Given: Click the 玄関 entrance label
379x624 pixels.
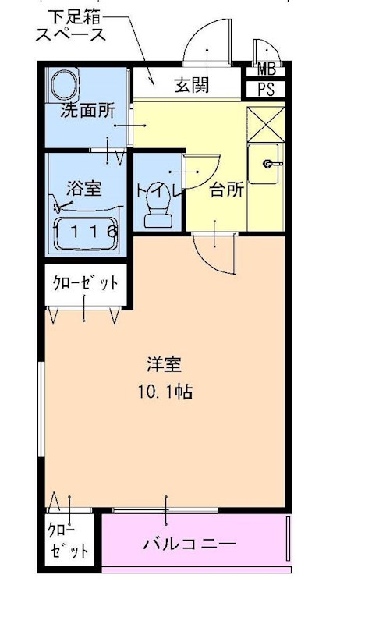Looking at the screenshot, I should [191, 85].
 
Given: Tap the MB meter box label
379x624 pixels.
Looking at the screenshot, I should [266, 69].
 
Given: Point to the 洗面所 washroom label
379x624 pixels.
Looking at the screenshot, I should [87, 111].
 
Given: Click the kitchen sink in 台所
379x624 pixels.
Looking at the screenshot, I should [266, 165].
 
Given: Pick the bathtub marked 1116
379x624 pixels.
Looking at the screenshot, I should [86, 231].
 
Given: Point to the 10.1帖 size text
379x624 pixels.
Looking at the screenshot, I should [161, 391].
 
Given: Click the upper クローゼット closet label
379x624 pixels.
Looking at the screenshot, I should [85, 283].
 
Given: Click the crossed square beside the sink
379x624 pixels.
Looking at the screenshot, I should [266, 123].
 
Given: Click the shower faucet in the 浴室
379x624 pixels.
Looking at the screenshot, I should [64, 207].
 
